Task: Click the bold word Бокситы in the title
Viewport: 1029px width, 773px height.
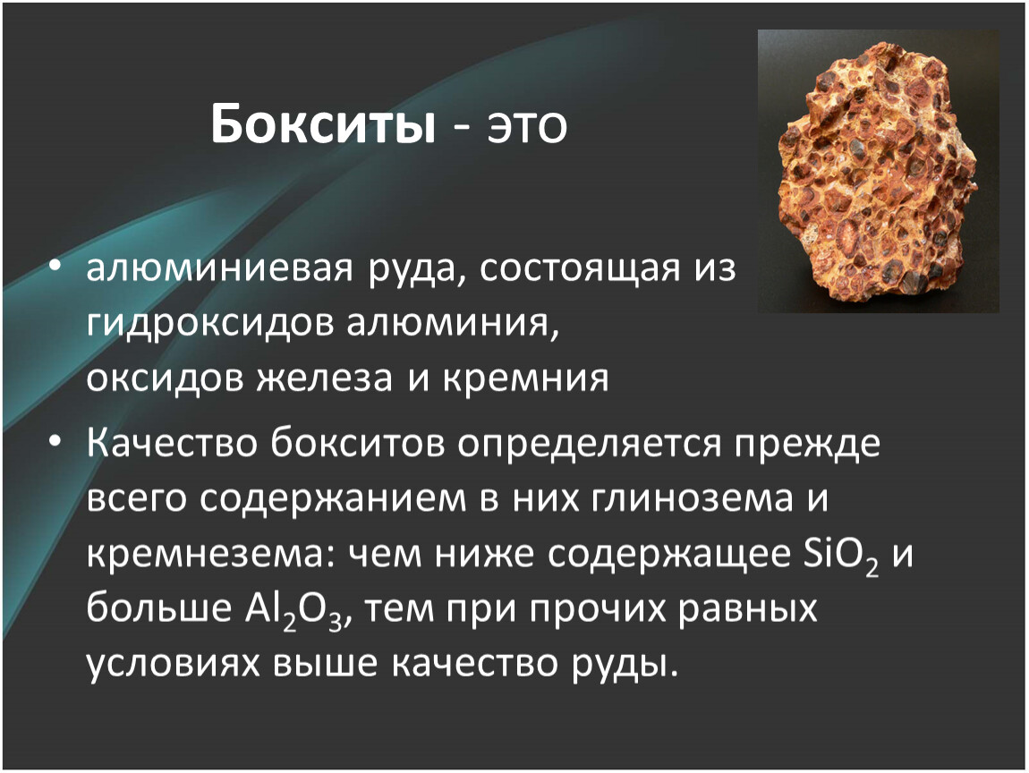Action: point(323,124)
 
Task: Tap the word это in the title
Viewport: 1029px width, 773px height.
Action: point(526,127)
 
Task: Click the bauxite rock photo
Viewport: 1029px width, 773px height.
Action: point(878,171)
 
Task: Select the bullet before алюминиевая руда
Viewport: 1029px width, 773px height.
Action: point(55,267)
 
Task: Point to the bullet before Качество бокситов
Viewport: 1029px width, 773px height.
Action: point(55,442)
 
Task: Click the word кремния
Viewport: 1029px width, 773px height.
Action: point(525,378)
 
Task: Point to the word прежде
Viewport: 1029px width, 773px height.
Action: point(807,445)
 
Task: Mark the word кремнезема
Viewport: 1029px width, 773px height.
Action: point(206,555)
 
